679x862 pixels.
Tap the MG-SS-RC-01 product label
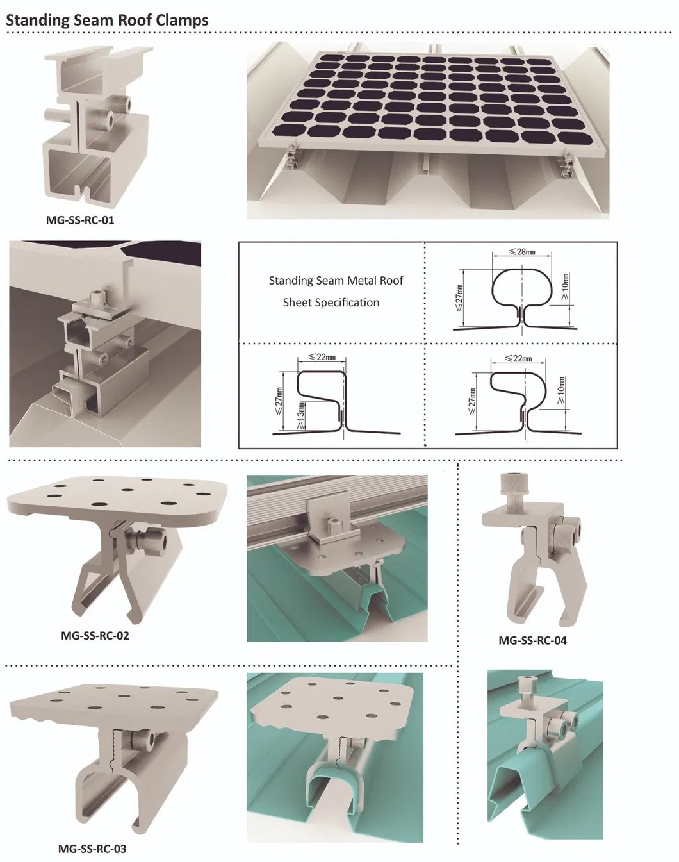point(80,220)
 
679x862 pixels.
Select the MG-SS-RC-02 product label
point(95,636)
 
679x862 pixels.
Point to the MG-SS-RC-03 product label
point(92,849)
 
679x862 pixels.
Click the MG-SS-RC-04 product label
point(532,640)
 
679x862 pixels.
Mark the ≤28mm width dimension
point(521,251)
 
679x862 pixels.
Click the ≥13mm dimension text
point(300,417)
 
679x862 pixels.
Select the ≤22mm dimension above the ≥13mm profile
point(322,356)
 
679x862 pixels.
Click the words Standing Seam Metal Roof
point(336,281)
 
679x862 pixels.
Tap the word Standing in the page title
point(37,21)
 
